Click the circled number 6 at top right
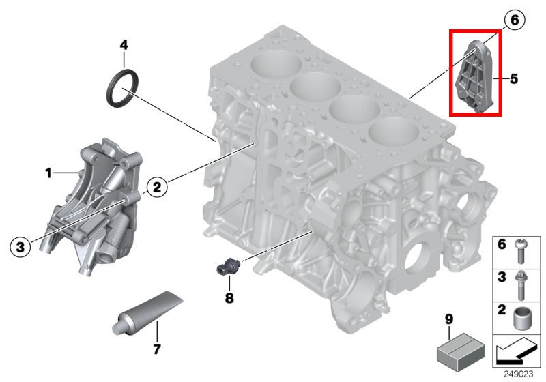point(514,20)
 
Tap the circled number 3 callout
point(20,247)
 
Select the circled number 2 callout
point(157,187)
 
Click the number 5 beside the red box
point(514,79)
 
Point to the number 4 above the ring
point(124,45)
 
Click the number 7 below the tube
point(157,349)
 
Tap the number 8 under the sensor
point(229,298)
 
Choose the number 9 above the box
point(449,319)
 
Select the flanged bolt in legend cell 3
point(521,285)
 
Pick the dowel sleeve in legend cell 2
point(521,319)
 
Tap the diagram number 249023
point(519,374)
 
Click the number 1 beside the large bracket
point(48,173)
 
